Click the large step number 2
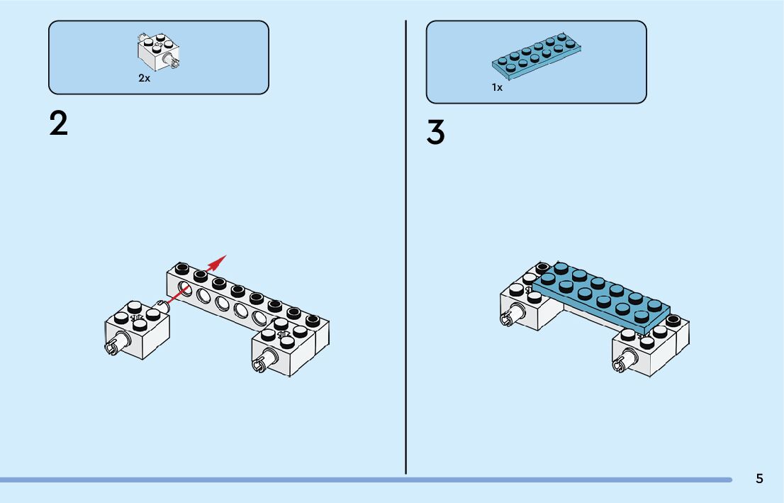59,123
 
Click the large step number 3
436,133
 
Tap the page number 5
759,479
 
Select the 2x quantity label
144,79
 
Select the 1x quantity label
497,88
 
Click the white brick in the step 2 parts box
157,51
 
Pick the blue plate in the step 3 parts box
539,55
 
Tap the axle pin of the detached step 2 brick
113,347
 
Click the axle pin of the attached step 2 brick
260,365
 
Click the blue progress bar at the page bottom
354,480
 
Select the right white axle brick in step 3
649,355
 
